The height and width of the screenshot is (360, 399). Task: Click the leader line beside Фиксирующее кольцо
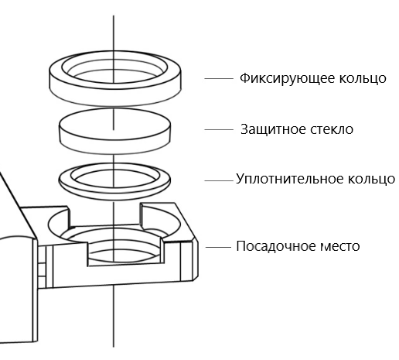(x=219, y=79)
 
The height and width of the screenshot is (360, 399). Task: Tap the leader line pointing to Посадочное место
(x=219, y=247)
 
